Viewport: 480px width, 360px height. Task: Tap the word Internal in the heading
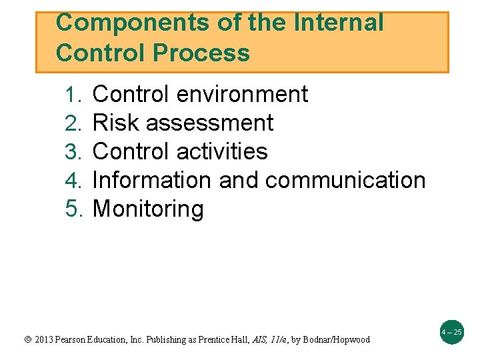339,23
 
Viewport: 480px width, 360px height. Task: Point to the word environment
243,95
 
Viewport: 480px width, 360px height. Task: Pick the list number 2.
73,123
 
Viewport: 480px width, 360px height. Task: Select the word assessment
209,123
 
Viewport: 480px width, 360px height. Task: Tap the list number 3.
73,152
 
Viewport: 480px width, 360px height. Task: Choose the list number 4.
73,181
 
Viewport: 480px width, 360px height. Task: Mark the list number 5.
73,209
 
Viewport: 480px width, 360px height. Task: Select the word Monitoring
148,209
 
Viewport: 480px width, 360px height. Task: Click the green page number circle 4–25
451,331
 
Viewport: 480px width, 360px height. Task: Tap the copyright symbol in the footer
27,340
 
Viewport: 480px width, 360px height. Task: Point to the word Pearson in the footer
77,340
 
